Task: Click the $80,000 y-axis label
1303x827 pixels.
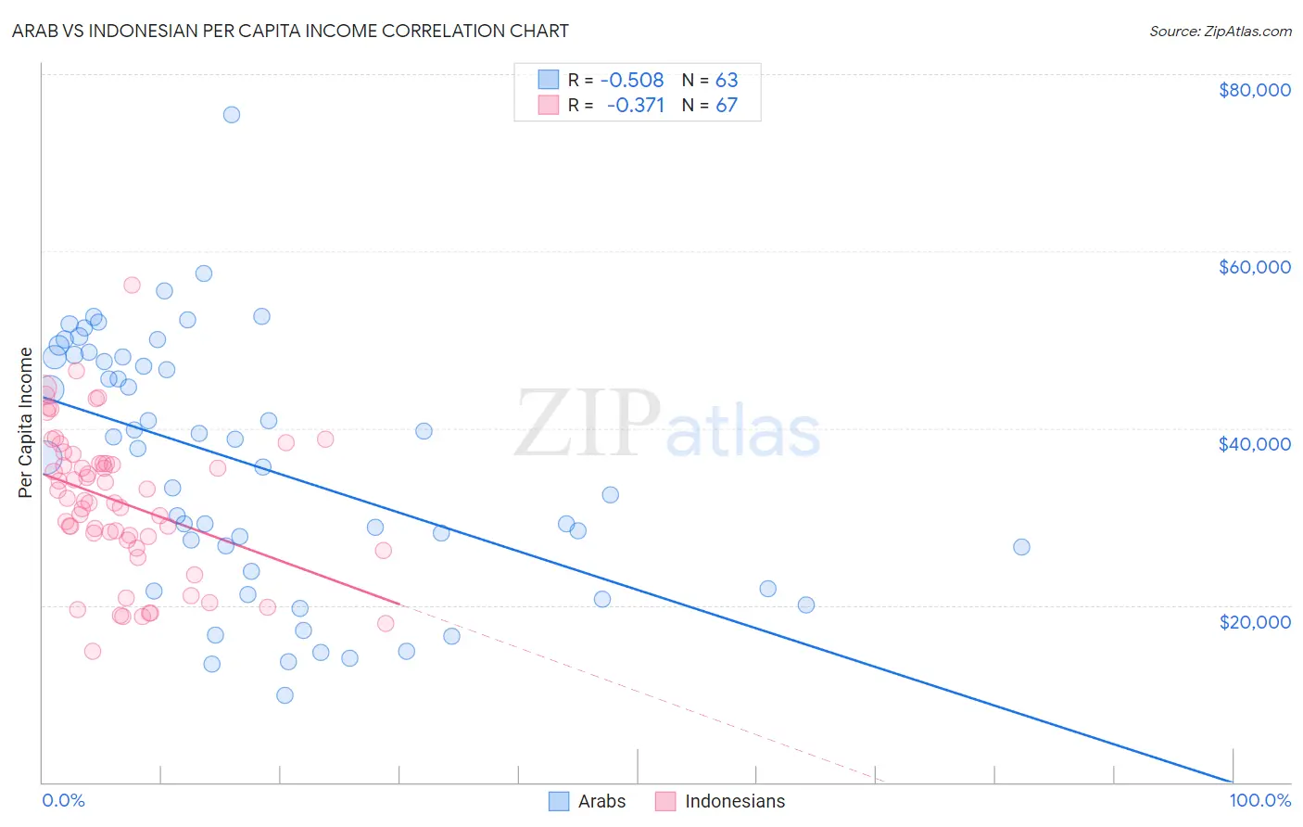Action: (1254, 90)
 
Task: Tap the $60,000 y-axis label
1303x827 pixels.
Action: (1254, 267)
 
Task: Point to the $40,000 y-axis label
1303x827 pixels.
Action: (1254, 444)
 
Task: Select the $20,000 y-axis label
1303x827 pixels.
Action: (1254, 621)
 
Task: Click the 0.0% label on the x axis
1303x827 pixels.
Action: (63, 801)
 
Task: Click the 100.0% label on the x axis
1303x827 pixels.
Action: (1259, 801)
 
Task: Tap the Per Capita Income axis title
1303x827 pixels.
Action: (26, 423)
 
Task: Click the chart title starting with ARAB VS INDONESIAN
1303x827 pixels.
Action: (290, 31)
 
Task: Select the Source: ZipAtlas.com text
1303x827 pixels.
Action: (1220, 31)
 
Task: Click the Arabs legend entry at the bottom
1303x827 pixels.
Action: (588, 801)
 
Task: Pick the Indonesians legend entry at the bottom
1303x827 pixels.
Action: (720, 801)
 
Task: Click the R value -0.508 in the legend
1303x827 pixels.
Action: (632, 80)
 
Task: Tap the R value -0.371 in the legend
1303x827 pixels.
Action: (635, 105)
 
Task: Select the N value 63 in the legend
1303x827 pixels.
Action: (726, 80)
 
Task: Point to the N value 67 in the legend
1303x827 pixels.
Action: (726, 105)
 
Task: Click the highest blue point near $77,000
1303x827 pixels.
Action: (232, 115)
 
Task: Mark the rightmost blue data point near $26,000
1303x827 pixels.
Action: (1021, 547)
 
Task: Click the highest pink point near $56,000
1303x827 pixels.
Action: (132, 285)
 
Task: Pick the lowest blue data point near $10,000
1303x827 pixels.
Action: (285, 695)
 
